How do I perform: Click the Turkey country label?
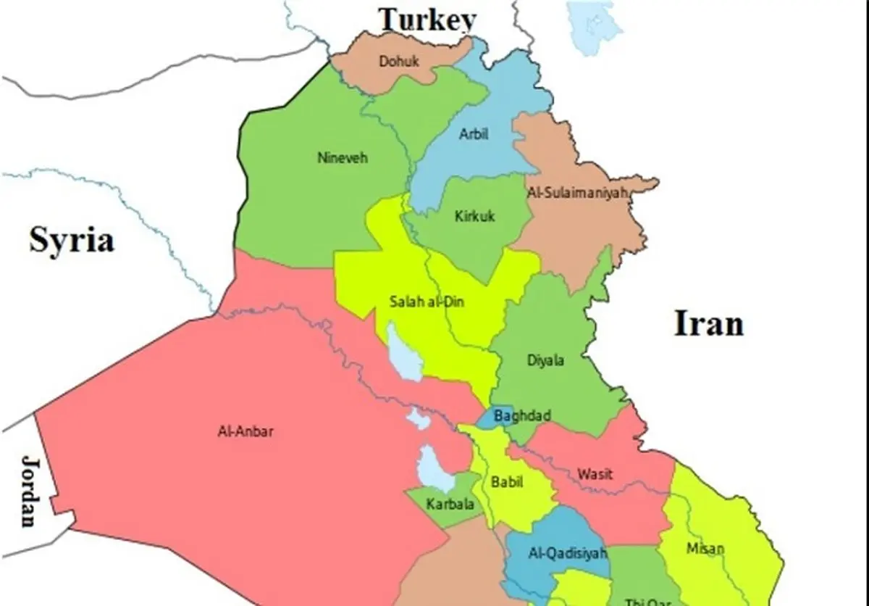(x=429, y=20)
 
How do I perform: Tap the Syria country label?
(x=72, y=239)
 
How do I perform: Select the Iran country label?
(x=709, y=323)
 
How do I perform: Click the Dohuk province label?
(x=399, y=62)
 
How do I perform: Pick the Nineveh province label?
(x=343, y=157)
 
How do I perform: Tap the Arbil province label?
(x=474, y=134)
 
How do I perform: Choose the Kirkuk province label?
(x=475, y=216)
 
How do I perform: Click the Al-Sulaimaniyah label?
(x=576, y=194)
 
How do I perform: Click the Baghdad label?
(x=521, y=416)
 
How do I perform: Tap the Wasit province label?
(x=595, y=474)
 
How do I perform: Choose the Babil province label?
(x=506, y=481)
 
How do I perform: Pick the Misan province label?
(x=705, y=549)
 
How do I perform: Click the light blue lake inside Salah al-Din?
(x=403, y=354)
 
